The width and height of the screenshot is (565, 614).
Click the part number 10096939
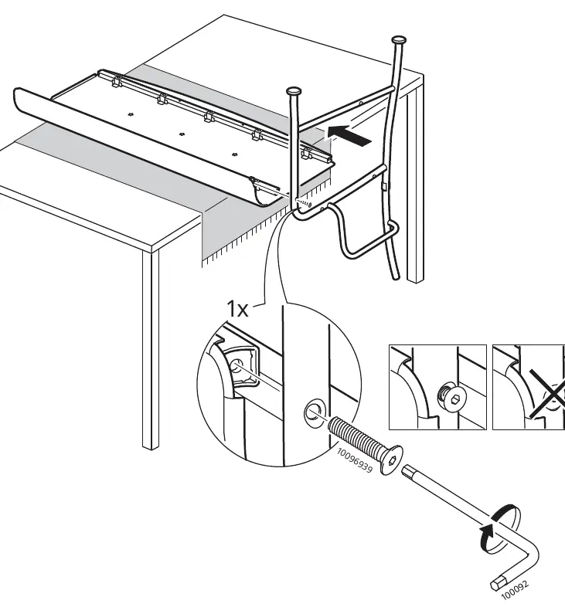click(x=355, y=460)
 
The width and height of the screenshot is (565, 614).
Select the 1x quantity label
click(x=237, y=309)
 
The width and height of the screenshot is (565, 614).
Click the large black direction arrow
click(x=349, y=135)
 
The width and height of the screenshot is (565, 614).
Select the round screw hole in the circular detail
click(x=315, y=413)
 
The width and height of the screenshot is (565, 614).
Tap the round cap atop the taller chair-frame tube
click(x=399, y=39)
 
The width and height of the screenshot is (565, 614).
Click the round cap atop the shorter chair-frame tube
click(x=294, y=91)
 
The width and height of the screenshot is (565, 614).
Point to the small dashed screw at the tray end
click(x=305, y=203)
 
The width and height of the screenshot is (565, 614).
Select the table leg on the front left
click(x=151, y=349)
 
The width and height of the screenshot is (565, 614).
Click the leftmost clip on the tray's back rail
click(x=117, y=82)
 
